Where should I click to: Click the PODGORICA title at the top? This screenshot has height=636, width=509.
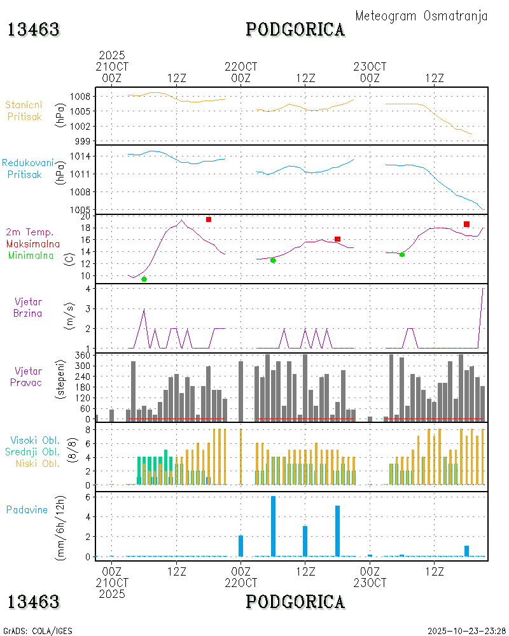(x=295, y=29)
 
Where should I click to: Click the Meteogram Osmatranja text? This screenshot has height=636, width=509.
(x=421, y=16)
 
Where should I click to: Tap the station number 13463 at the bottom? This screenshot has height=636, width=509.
(x=33, y=601)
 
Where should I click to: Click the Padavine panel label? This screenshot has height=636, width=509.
(x=27, y=509)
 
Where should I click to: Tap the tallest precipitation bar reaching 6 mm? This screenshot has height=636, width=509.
(x=273, y=526)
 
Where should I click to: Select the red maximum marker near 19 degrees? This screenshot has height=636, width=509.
(x=209, y=219)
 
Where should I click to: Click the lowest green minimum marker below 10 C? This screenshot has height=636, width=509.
(x=144, y=279)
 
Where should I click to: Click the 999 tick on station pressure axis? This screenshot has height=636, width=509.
(x=83, y=141)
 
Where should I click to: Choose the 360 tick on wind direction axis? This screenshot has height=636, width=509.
(x=83, y=356)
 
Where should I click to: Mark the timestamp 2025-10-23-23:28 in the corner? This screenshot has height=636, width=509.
(x=466, y=631)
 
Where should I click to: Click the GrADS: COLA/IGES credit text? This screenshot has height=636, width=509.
(x=38, y=631)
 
